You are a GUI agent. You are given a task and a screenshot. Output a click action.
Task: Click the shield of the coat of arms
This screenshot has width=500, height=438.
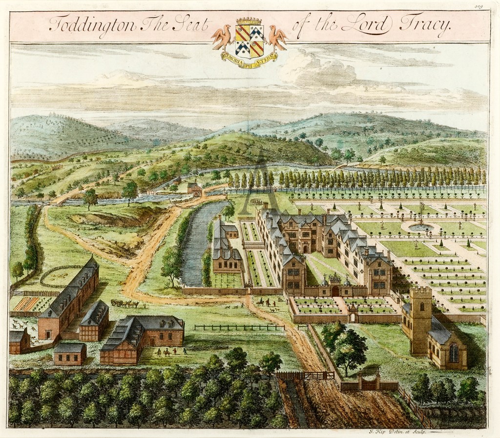[x=250, y=40]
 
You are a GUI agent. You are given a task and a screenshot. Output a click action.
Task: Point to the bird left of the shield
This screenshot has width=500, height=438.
[x=221, y=36]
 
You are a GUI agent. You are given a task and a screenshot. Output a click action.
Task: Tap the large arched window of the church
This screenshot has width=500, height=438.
[x=454, y=352]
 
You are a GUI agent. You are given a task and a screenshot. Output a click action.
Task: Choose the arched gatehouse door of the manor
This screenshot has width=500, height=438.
[x=335, y=291]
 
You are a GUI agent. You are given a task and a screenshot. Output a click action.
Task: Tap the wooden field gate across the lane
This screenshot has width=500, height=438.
[x=305, y=376]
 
